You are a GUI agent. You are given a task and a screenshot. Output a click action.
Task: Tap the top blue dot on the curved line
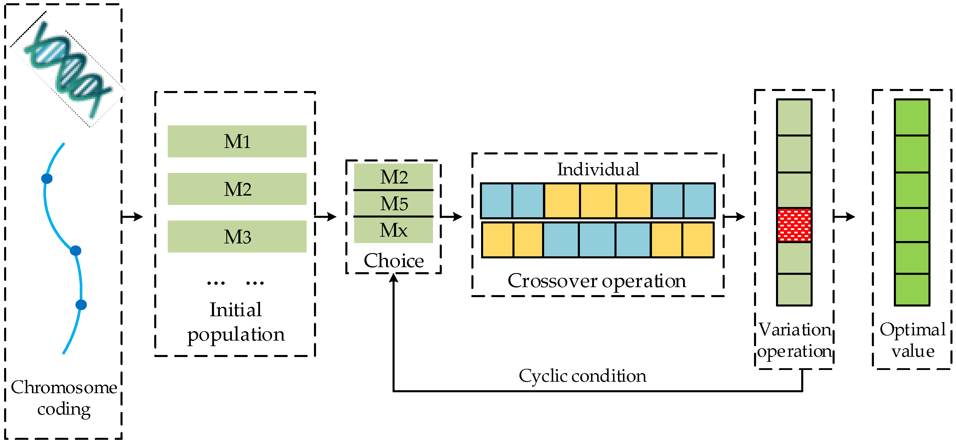(x=47, y=179)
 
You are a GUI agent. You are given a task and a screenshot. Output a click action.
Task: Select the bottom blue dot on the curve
(x=81, y=305)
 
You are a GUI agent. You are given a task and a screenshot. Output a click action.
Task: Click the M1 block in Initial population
(x=237, y=141)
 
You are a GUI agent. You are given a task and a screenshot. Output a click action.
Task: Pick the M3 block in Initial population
(x=237, y=236)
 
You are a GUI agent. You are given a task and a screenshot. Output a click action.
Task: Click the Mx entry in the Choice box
(x=393, y=230)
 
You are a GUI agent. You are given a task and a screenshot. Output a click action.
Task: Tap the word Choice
(x=393, y=260)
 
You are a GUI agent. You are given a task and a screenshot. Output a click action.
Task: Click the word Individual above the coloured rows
(x=598, y=169)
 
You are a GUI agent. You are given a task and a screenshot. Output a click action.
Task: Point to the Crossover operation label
(x=597, y=281)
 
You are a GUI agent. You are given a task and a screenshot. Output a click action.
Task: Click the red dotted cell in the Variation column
(x=794, y=225)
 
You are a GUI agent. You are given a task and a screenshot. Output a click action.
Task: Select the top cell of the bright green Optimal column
(x=912, y=117)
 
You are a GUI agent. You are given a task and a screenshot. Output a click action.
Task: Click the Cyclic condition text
(x=582, y=376)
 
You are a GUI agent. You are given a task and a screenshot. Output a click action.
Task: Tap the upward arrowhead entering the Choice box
(x=393, y=278)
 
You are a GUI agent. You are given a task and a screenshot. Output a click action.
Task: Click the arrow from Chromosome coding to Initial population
(x=133, y=216)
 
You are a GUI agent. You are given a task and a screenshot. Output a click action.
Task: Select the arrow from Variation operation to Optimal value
(x=844, y=216)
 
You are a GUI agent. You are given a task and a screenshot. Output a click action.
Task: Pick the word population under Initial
(x=236, y=334)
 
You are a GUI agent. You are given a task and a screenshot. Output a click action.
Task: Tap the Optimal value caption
(x=913, y=340)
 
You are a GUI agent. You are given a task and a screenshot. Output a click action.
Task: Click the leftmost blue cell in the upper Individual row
(x=497, y=201)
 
